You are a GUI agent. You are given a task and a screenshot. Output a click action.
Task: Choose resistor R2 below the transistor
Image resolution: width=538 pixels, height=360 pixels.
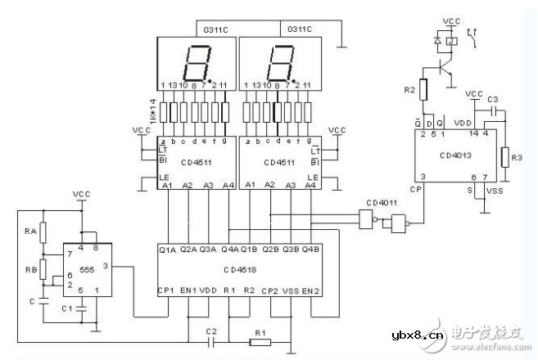tap(423, 89)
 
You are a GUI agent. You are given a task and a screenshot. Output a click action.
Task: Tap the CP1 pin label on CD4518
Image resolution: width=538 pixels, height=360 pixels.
tap(168, 290)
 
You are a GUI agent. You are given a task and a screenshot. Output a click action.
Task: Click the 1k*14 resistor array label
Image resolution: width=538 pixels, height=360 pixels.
tap(152, 108)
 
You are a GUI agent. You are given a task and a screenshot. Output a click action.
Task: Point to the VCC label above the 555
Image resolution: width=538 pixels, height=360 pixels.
tap(81, 195)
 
